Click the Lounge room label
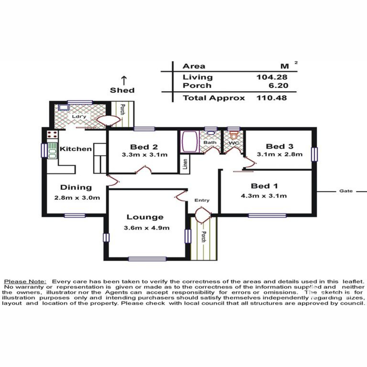click(x=145, y=217)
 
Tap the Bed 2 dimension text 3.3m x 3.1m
click(x=145, y=155)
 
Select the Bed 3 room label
click(x=280, y=146)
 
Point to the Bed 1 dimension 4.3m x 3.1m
click(x=264, y=196)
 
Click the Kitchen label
click(x=76, y=149)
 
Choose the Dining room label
click(x=76, y=187)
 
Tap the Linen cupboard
click(x=185, y=165)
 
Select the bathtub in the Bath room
click(x=190, y=142)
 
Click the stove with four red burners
click(x=52, y=135)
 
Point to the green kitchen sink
click(x=52, y=150)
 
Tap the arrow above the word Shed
click(x=124, y=80)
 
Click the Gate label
click(x=346, y=191)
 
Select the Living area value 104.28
click(x=272, y=77)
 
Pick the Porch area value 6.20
click(x=278, y=86)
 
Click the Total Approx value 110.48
click(x=272, y=98)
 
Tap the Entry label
click(x=202, y=200)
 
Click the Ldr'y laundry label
click(x=79, y=117)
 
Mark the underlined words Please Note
click(x=25, y=281)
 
